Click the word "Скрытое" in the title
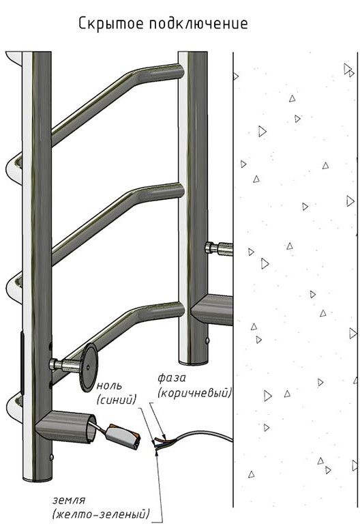click(x=110, y=24)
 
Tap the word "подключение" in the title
click(x=199, y=24)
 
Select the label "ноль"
click(x=109, y=385)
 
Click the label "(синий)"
click(x=117, y=400)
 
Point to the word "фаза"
click(x=172, y=378)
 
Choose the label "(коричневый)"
click(x=195, y=392)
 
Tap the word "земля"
click(x=69, y=500)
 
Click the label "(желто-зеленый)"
click(x=101, y=514)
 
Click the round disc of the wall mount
click(x=89, y=367)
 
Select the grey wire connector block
click(x=123, y=437)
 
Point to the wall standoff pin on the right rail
click(x=219, y=248)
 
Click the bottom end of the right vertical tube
click(x=193, y=362)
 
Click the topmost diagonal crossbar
click(x=117, y=101)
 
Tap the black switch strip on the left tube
click(x=22, y=362)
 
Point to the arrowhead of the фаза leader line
click(x=162, y=435)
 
